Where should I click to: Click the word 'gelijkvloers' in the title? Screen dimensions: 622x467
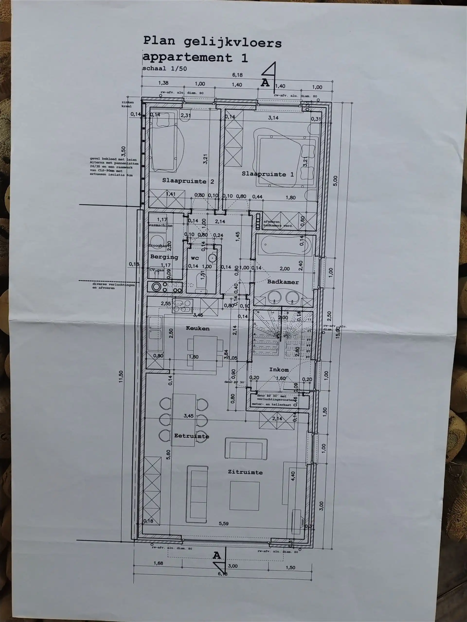(x=233, y=43)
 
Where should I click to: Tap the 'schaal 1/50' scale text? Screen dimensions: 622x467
(x=164, y=68)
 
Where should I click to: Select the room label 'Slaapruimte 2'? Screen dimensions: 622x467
(x=188, y=181)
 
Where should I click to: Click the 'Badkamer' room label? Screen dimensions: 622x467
(x=283, y=282)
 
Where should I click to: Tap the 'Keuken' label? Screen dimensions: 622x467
(x=198, y=328)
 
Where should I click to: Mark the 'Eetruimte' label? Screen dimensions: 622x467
(x=191, y=436)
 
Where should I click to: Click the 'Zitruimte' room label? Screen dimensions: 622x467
(x=245, y=472)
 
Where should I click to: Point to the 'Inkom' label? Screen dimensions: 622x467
(x=279, y=370)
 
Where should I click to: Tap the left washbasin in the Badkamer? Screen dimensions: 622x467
(x=274, y=297)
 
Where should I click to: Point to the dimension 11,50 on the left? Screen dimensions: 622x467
(x=121, y=377)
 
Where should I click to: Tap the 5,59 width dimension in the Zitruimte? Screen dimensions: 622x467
(x=224, y=523)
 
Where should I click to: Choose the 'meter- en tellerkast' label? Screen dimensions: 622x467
(x=271, y=404)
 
